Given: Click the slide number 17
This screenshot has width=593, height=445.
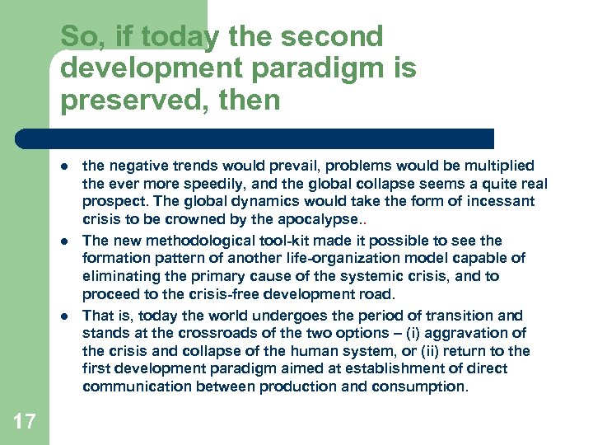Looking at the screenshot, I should click(25, 422).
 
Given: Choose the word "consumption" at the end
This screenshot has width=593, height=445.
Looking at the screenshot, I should click(424, 386).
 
